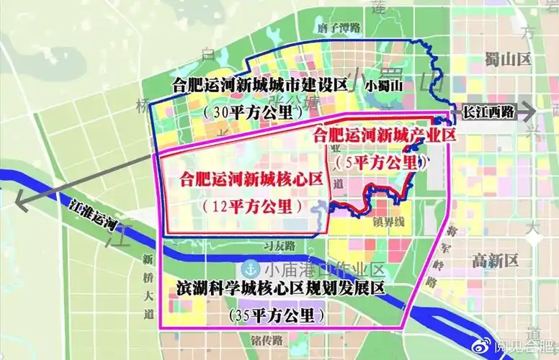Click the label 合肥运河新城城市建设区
tap(260, 85)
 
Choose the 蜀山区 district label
tap(507, 58)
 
